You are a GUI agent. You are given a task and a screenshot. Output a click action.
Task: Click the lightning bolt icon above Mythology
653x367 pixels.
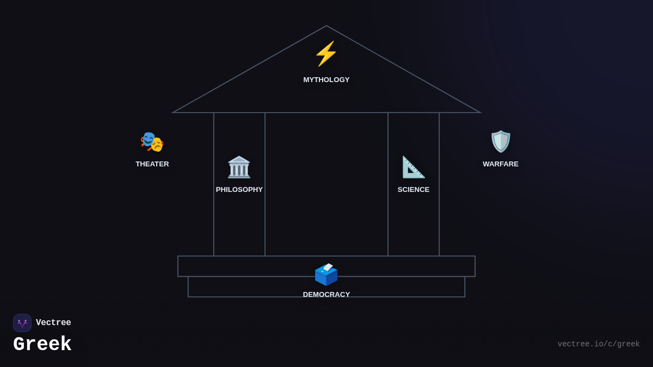(326, 54)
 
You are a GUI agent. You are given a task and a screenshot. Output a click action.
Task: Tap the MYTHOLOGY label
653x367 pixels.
(326, 80)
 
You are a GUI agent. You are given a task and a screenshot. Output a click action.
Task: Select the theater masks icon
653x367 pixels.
(152, 141)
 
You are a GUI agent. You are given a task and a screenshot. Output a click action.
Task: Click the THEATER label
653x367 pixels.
(152, 164)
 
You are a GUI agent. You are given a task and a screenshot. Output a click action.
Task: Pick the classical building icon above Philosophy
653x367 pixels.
(239, 167)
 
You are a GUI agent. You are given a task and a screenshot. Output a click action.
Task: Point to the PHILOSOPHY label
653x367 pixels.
(239, 190)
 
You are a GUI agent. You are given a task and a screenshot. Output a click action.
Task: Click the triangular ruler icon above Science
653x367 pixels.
(413, 167)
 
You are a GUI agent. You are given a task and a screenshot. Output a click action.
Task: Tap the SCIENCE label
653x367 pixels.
(414, 190)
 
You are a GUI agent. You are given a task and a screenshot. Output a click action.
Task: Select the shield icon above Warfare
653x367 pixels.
(501, 141)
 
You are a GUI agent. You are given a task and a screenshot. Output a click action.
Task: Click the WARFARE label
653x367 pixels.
(501, 164)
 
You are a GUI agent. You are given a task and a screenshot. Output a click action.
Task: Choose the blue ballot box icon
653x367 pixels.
(326, 275)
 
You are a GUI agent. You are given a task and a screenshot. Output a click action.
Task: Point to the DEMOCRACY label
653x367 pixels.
(326, 295)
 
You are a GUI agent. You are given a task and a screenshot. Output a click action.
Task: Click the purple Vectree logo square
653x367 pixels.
(22, 323)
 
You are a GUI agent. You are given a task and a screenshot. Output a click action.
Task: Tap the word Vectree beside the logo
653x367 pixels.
(53, 323)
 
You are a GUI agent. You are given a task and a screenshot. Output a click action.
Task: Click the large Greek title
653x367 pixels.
(42, 345)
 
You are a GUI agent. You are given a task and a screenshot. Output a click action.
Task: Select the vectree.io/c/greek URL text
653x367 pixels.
(599, 344)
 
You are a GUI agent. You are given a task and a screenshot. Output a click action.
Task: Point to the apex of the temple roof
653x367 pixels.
(326, 26)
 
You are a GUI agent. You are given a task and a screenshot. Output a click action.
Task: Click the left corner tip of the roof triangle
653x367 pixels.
(173, 113)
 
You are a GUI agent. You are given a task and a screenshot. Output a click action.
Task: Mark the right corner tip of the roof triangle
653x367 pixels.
(480, 113)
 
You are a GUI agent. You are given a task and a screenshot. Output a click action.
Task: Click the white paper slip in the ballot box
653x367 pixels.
(328, 267)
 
